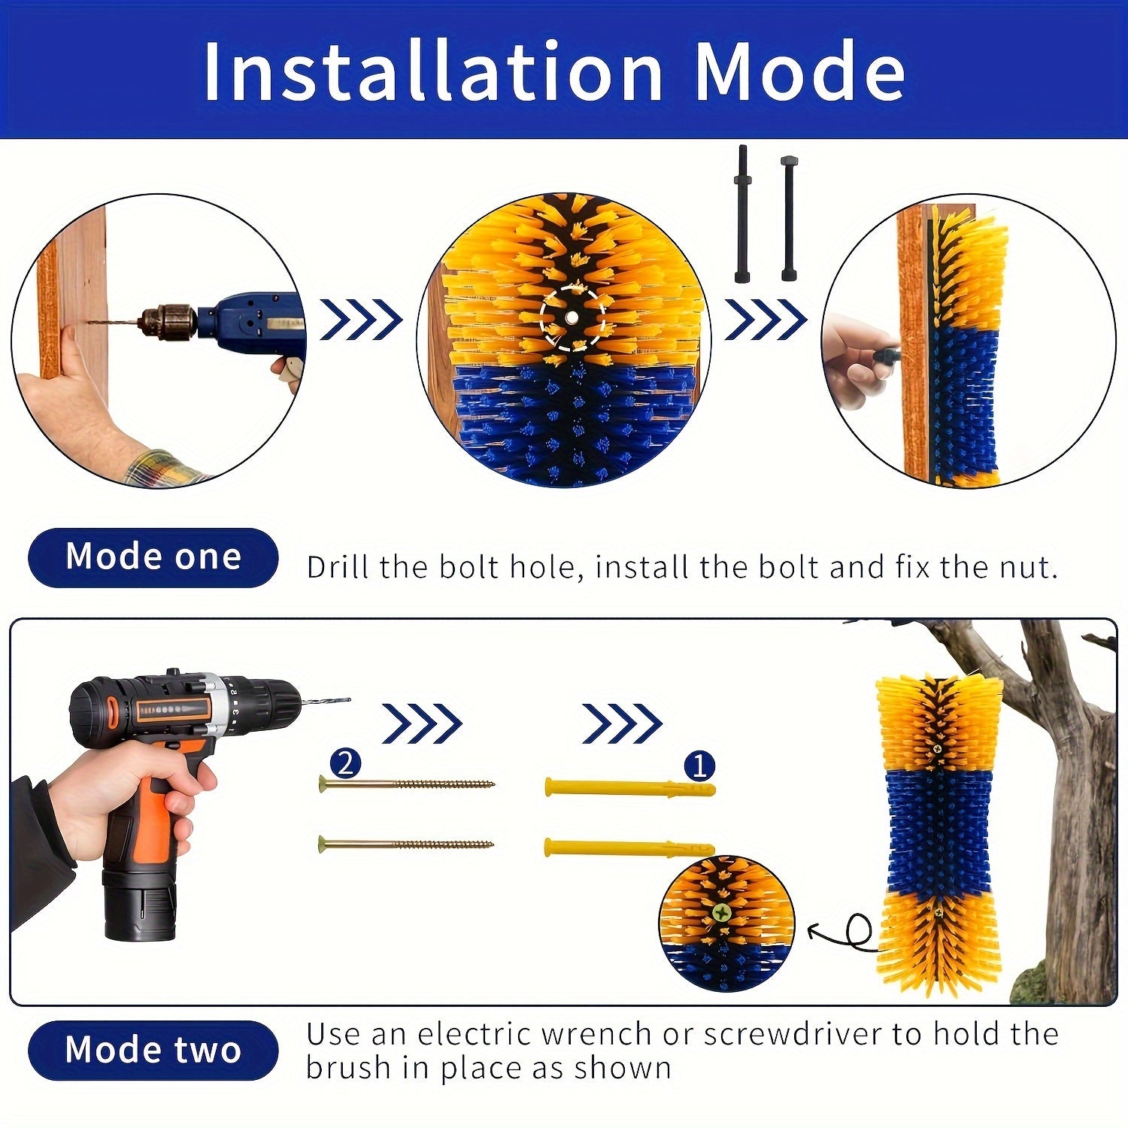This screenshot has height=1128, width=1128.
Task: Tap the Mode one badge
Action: coord(153,557)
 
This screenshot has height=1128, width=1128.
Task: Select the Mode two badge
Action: coord(153,1050)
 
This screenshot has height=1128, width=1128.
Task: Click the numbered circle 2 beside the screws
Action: coord(345,764)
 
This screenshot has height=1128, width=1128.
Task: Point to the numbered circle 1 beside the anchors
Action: coord(699,766)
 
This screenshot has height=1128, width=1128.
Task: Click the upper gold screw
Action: coord(407,784)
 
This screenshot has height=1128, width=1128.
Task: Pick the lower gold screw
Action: coord(406,844)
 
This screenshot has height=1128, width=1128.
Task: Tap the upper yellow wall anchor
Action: coord(630,789)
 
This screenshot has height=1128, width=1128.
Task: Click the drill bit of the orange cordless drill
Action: coord(325,702)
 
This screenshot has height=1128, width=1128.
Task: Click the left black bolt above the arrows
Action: coord(742,214)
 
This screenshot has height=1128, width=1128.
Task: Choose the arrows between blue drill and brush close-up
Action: coord(362,320)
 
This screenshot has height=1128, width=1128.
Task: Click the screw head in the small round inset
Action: coord(722,913)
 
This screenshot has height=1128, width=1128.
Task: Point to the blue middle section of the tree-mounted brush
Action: coord(940,831)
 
